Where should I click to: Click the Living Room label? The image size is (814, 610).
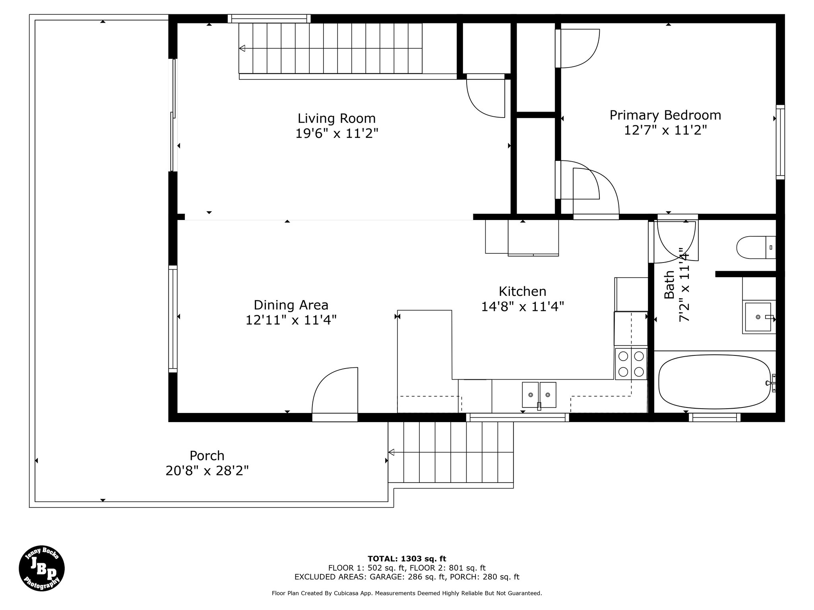click(x=337, y=118)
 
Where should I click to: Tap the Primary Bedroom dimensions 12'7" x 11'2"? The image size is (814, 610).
click(x=665, y=130)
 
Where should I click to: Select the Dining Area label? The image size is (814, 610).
click(x=291, y=305)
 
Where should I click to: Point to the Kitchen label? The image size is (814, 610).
click(x=522, y=291)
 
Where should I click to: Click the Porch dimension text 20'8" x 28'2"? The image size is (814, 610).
click(x=207, y=471)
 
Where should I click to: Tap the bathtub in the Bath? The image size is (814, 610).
click(x=715, y=382)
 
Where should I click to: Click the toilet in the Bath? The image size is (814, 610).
click(x=756, y=247)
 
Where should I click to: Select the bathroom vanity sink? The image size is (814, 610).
click(x=758, y=317)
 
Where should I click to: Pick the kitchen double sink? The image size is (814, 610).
click(x=539, y=395)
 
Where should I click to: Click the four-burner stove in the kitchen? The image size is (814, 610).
click(x=631, y=363)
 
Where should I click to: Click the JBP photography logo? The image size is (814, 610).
click(x=42, y=568)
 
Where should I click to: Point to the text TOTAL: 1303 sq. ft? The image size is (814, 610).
click(x=407, y=559)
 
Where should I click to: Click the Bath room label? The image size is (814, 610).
click(x=669, y=284)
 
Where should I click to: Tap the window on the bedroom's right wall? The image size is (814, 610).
click(x=781, y=142)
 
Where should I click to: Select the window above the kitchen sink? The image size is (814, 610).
click(x=517, y=417)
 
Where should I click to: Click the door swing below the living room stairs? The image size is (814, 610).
click(x=485, y=98)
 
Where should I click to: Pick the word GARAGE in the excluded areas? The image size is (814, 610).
click(x=383, y=577)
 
